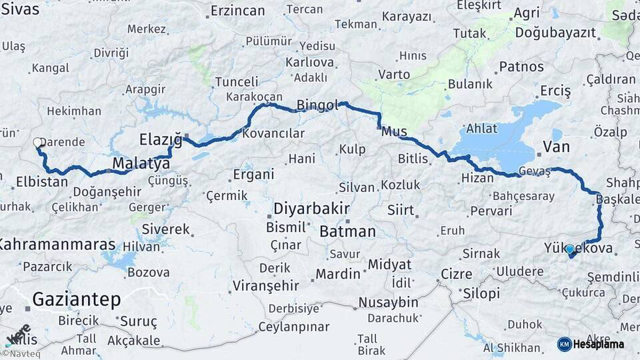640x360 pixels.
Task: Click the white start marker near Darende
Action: point(38,142)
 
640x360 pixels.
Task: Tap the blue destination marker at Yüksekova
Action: point(569,249)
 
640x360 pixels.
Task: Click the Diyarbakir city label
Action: point(311,208)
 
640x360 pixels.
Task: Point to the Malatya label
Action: point(137,163)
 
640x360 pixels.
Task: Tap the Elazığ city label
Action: point(160,139)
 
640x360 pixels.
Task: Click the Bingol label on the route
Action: point(318,105)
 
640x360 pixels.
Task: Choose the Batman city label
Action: point(347,232)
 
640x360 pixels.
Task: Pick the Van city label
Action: point(557,146)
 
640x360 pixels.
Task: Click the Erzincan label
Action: point(237,11)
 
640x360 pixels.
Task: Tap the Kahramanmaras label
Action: point(58,245)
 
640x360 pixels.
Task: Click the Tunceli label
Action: point(237,82)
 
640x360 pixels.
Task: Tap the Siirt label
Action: point(401,210)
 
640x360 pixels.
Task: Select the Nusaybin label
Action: point(388,302)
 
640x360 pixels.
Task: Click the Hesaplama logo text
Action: point(599,344)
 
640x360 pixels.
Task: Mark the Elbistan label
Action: point(42,181)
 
